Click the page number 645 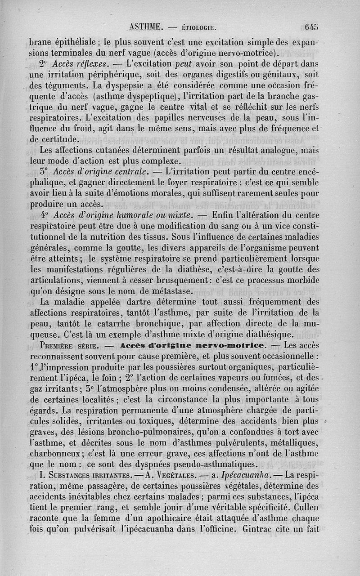click(311, 27)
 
